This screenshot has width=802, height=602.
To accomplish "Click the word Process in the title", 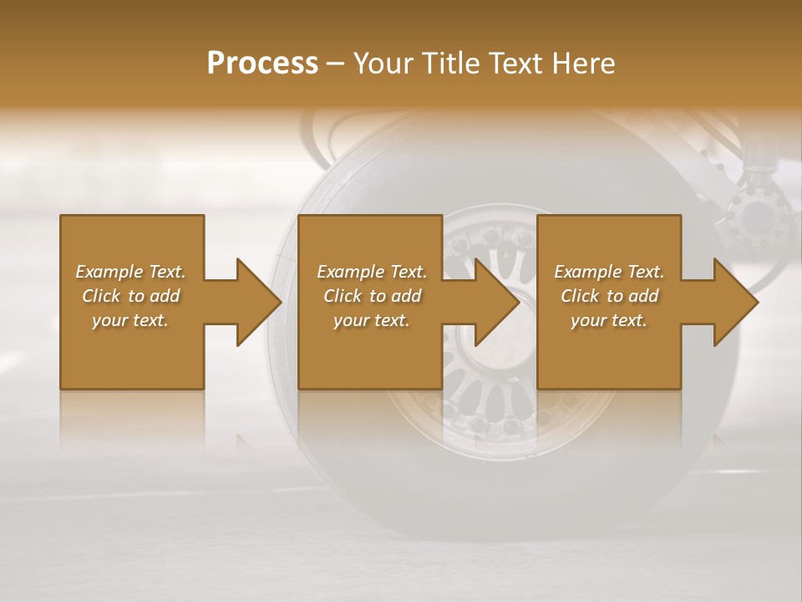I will coord(262,64).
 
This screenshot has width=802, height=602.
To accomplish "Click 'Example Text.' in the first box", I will coord(131,272).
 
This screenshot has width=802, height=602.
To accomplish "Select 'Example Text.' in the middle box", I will coord(372,272).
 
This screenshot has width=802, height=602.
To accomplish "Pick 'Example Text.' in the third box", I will coord(609,272).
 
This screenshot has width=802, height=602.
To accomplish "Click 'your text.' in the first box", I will coord(130,320).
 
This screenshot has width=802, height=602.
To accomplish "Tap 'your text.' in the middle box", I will coord(371,320).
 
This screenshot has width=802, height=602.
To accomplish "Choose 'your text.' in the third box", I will coord(609,320).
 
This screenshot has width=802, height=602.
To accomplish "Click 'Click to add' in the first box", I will coord(131,296).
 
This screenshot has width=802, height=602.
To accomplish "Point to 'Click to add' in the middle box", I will coord(372,296).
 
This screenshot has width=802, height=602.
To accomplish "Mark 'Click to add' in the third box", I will coord(609,296).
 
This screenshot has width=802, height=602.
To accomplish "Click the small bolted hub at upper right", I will coord(757,217).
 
